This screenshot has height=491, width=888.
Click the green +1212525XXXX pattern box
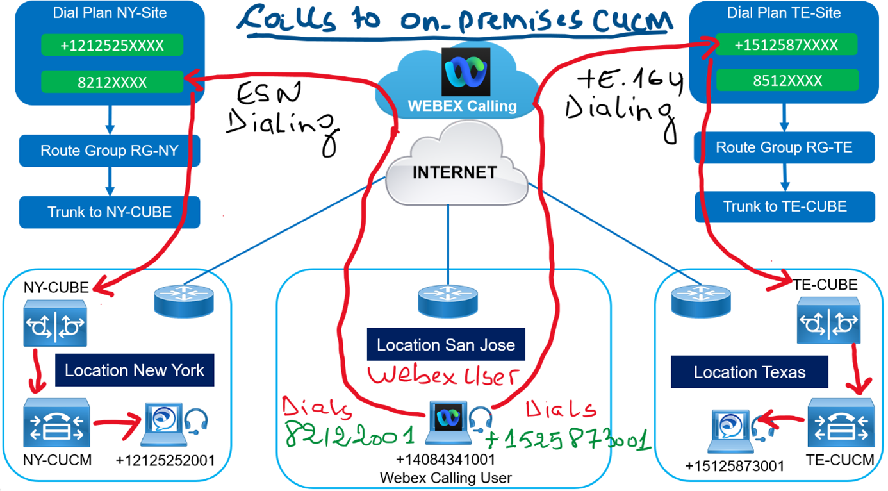112,46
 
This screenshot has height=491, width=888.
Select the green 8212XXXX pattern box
112,82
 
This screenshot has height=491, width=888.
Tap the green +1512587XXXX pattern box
786,45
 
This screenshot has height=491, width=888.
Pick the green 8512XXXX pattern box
786,81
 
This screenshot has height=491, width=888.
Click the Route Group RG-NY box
110,151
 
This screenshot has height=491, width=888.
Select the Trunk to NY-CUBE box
110,212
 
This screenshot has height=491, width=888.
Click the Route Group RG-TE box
784,147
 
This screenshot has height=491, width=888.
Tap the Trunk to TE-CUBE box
785,206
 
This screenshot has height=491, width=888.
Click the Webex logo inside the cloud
466,72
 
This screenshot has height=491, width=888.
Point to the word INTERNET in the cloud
454,172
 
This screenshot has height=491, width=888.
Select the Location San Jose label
445,345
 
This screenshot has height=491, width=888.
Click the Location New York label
134,370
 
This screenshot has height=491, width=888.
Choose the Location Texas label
749,372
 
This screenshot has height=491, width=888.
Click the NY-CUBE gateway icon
54,325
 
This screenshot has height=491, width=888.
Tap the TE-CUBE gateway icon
828,323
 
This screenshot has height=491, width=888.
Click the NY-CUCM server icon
57,423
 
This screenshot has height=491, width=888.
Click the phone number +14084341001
447,460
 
